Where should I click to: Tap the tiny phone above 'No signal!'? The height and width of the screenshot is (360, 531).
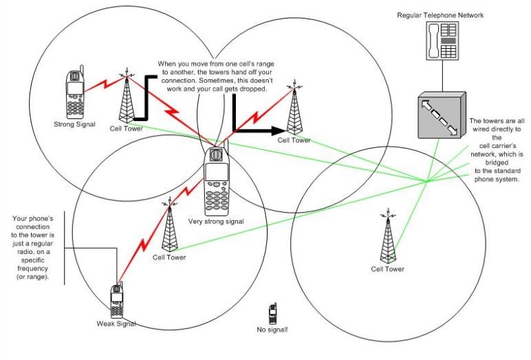tap(272, 314)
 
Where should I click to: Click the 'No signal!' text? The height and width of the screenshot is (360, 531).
tap(272, 331)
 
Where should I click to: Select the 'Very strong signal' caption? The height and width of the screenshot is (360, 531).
tap(217, 222)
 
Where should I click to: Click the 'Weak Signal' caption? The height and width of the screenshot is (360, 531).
tap(116, 323)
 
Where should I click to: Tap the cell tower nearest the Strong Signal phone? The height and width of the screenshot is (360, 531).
tap(126, 96)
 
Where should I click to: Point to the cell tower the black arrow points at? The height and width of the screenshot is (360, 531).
tap(294, 110)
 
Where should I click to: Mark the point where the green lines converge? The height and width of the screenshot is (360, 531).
tap(426, 182)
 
